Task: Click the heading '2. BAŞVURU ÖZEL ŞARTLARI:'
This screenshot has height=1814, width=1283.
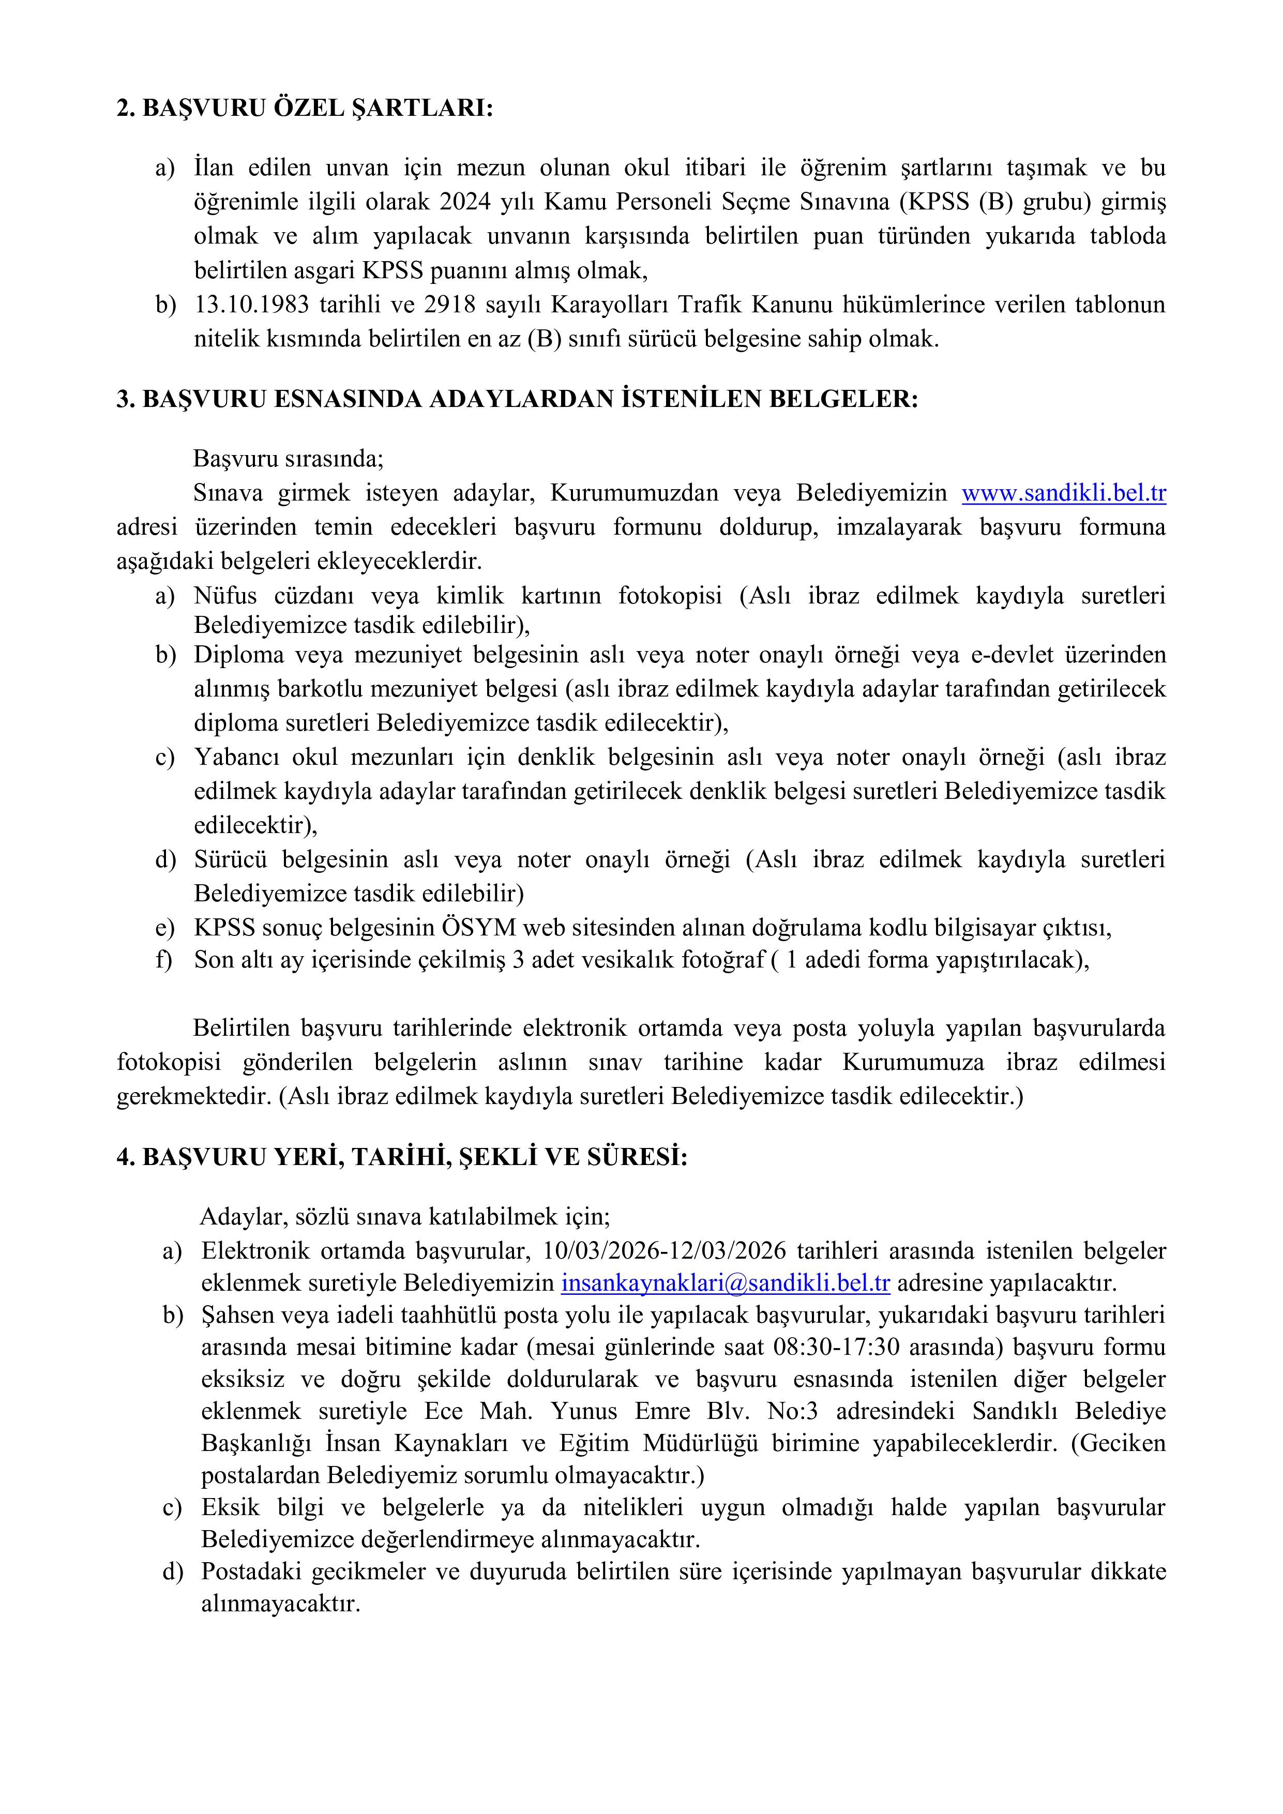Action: [304, 108]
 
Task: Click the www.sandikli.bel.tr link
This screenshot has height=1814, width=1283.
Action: [1063, 493]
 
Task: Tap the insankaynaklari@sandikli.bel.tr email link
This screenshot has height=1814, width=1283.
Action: [725, 1282]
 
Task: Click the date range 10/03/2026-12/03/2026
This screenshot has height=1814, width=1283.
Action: [665, 1251]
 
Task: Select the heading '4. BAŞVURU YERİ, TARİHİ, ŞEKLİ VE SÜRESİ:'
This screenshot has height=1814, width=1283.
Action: [401, 1157]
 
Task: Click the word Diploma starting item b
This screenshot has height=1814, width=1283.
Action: [238, 655]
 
